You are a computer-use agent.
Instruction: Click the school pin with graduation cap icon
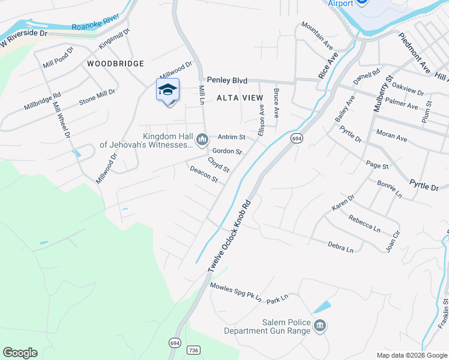[x=167, y=91]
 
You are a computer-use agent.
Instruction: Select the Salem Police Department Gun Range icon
[x=321, y=326]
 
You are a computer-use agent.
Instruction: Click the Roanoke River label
[x=92, y=26]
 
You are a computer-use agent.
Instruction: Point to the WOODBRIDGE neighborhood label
[x=115, y=64]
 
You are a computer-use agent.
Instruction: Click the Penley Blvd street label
[x=227, y=80]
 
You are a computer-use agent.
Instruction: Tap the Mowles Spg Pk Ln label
[x=235, y=292]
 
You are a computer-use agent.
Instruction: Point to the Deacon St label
[x=203, y=175]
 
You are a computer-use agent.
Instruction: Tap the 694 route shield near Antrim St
[x=297, y=139]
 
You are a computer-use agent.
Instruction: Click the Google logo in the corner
[x=20, y=353]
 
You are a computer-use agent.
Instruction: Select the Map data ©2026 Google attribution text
[x=412, y=355]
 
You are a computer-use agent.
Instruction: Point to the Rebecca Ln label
[x=364, y=224]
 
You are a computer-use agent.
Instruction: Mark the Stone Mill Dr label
[x=97, y=97]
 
